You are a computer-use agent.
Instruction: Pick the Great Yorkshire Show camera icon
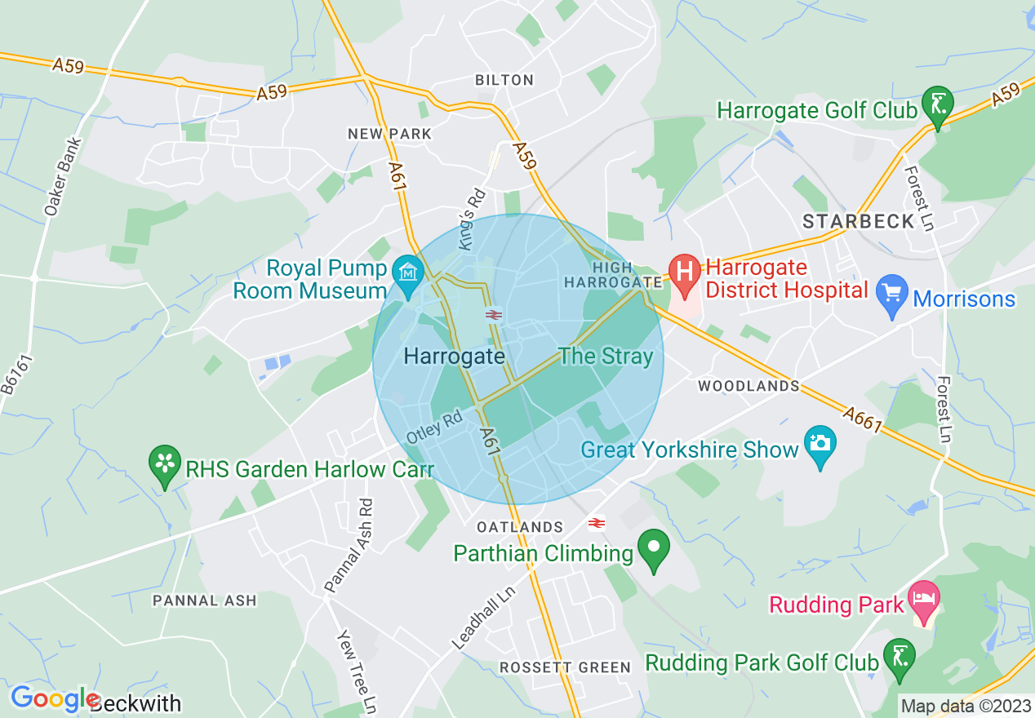click(820, 445)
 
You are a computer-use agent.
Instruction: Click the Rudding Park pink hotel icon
click(925, 600)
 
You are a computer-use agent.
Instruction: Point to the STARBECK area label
click(846, 222)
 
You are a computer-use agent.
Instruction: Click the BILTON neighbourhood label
click(504, 80)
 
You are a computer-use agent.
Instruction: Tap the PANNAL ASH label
click(205, 601)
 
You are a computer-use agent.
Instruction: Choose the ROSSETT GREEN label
click(566, 667)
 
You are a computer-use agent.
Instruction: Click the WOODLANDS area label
click(748, 386)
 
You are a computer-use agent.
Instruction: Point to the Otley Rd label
click(434, 428)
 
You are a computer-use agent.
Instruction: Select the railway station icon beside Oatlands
click(597, 523)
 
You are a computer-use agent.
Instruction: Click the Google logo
click(54, 699)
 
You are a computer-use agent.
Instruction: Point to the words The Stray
click(606, 357)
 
